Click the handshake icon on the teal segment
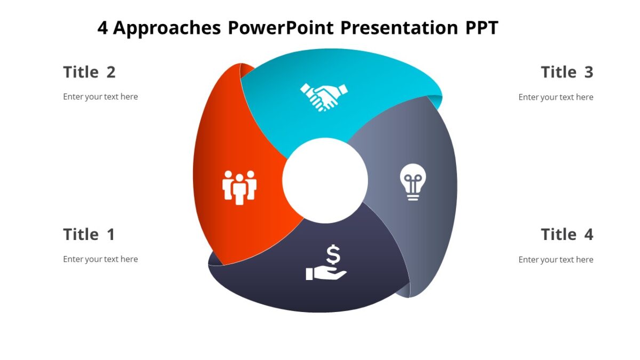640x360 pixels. click(323, 97)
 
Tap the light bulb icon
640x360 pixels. click(413, 181)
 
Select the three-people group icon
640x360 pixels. click(239, 187)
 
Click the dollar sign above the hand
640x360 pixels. click(333, 255)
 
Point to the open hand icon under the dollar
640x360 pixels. click(326, 274)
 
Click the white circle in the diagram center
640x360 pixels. click(325, 180)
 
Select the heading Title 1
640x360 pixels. click(89, 234)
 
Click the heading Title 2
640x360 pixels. click(89, 72)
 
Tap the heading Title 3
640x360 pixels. click(566, 72)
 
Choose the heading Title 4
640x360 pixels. click(566, 234)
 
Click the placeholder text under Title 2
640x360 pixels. click(100, 97)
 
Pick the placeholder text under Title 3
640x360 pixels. click(556, 97)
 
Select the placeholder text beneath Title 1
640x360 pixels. click(100, 259)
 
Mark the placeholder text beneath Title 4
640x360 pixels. click(556, 260)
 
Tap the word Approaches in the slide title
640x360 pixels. click(167, 28)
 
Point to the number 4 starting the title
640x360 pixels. click(103, 28)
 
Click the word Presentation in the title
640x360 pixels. click(397, 28)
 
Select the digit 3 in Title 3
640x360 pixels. click(588, 72)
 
